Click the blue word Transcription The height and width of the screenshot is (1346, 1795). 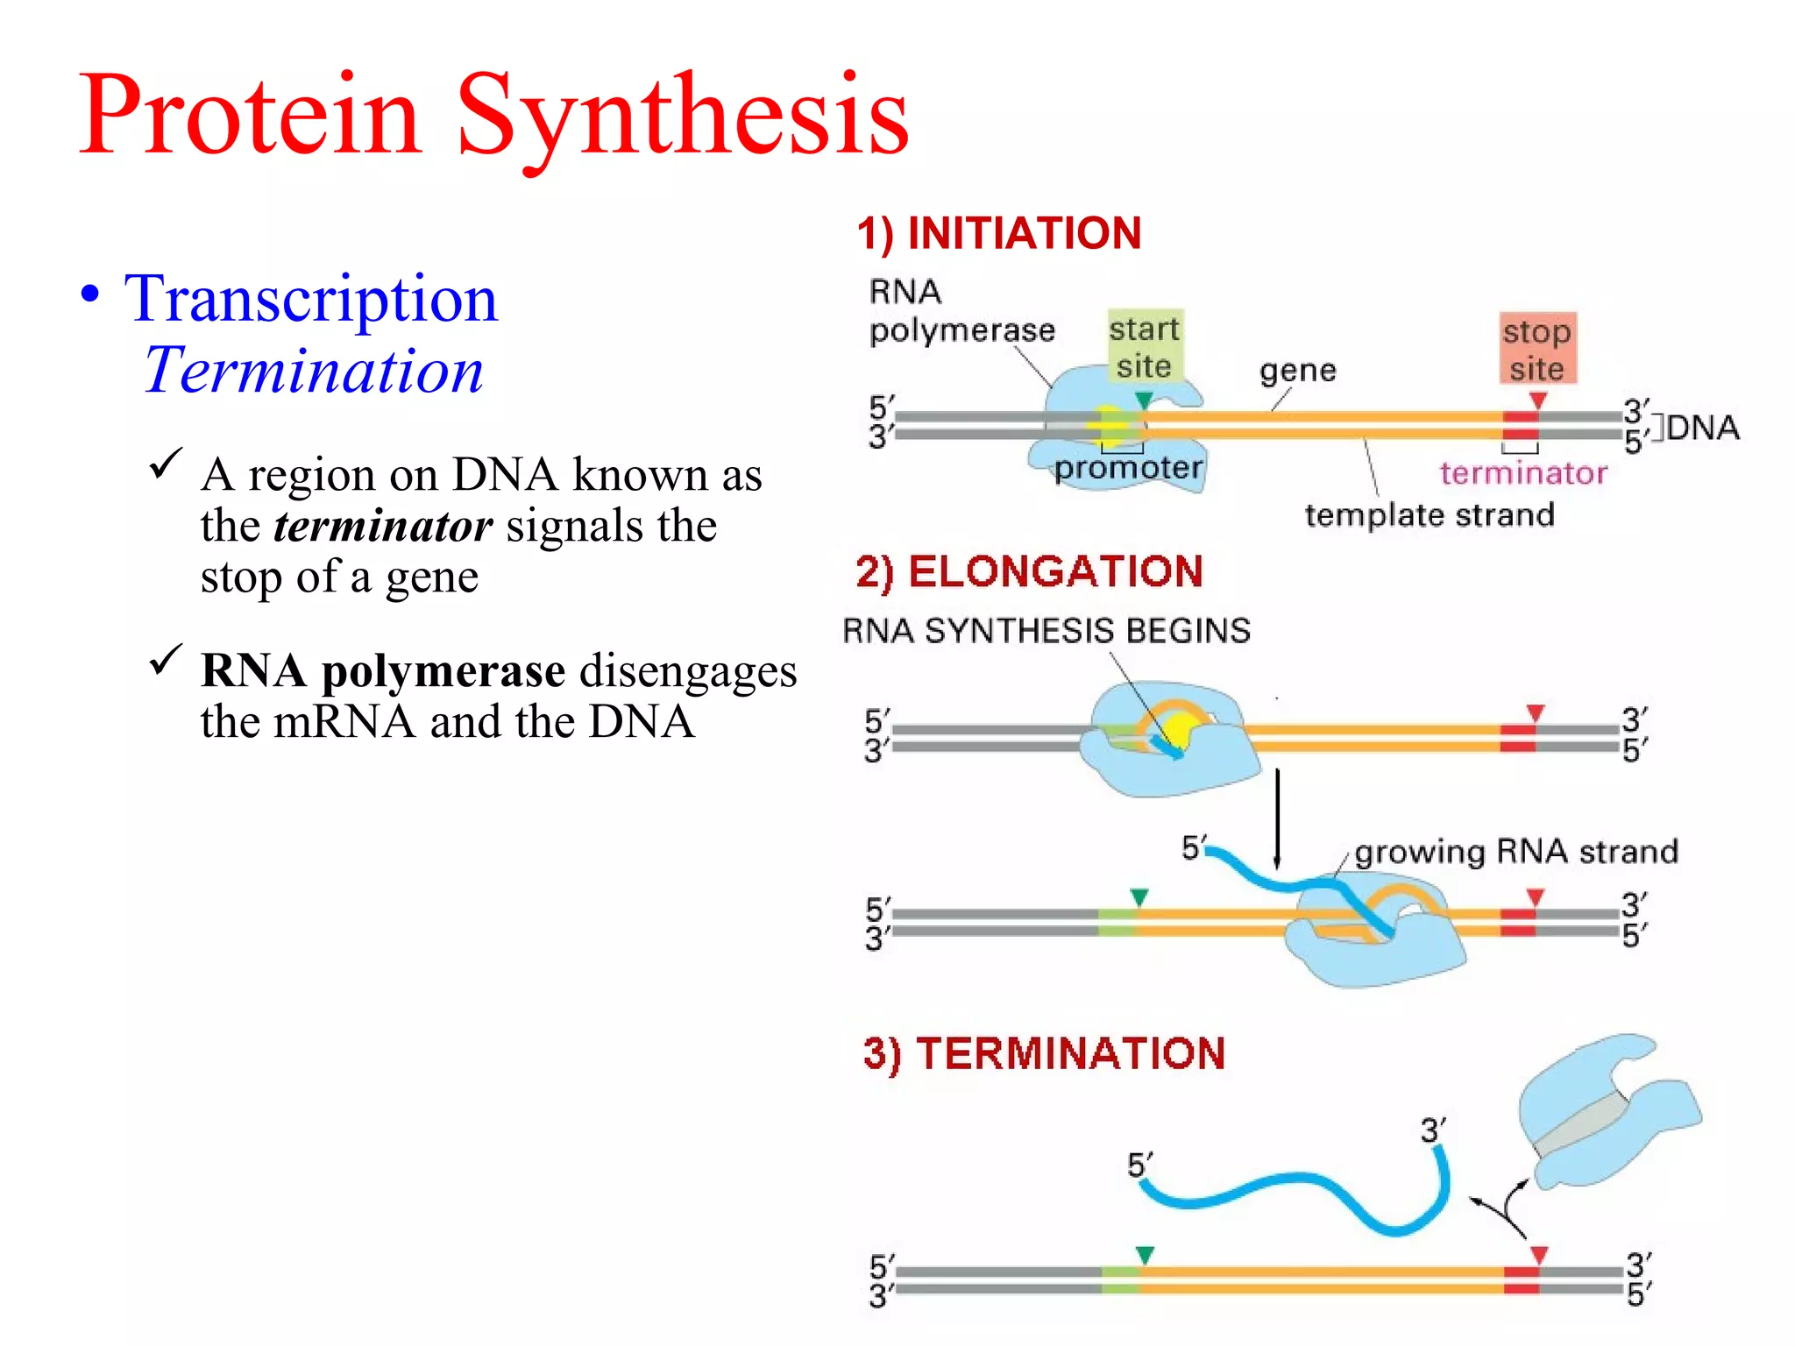pos(311,300)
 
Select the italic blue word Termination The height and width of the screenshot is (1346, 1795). pos(314,372)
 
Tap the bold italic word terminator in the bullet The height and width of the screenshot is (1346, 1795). pos(382,527)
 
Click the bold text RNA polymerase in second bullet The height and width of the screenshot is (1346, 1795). pos(382,671)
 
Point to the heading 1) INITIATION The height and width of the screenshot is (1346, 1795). pos(999,234)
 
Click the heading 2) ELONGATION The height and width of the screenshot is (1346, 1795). pos(1029,572)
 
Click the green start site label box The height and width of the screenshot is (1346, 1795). pos(1145,347)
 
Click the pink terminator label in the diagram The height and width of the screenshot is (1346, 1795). pos(1523,474)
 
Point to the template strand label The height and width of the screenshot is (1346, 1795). pos(1430,515)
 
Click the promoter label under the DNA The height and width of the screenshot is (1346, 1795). pos(1128,469)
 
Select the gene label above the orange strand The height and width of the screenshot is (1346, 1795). pos(1298,372)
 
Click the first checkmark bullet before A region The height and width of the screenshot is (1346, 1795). pos(165,464)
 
